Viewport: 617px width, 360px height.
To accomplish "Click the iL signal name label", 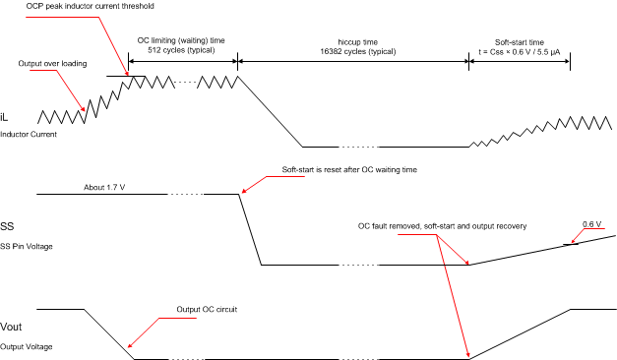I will tap(6, 117).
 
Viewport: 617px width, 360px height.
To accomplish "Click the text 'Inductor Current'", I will tap(29, 135).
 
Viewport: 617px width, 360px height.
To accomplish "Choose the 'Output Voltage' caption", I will tap(27, 347).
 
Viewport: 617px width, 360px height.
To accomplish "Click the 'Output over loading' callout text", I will tap(51, 64).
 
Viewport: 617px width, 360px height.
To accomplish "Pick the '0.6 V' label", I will tap(591, 224).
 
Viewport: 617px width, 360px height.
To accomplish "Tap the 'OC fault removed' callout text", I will tap(443, 226).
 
